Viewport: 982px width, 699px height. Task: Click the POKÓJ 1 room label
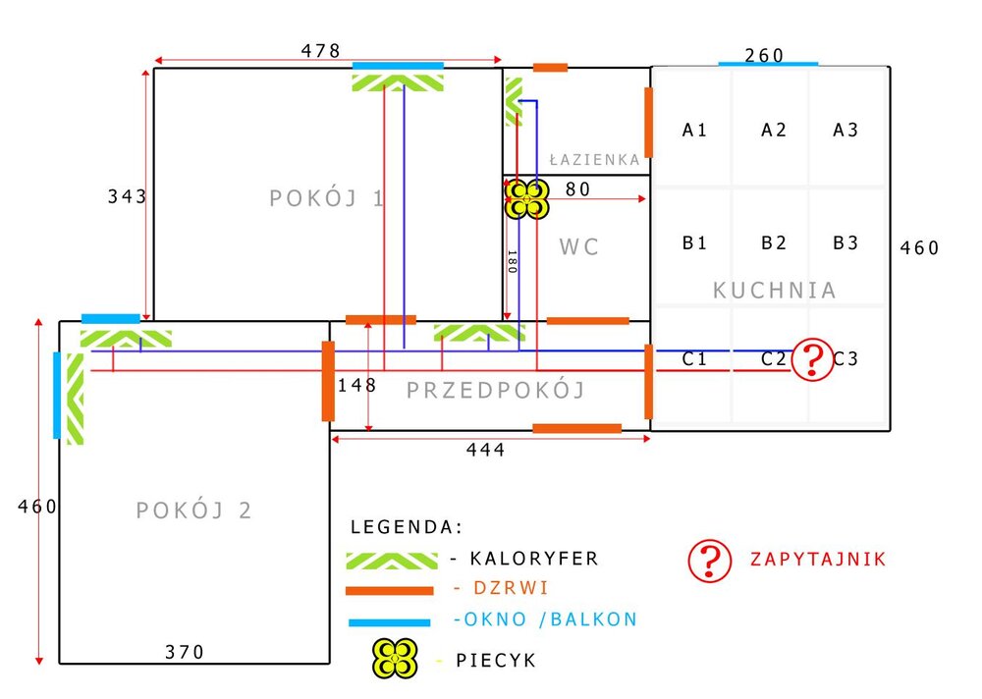[x=327, y=199]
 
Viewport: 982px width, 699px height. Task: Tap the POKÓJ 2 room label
[x=194, y=511]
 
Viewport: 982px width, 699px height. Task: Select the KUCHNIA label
[x=775, y=291]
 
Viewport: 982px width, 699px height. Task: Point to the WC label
[x=579, y=247]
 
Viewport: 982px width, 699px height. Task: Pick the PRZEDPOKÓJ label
[x=496, y=391]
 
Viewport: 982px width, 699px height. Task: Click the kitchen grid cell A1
[x=695, y=130]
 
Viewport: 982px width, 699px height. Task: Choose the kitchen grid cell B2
[x=775, y=242]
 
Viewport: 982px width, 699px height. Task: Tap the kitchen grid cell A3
[x=846, y=130]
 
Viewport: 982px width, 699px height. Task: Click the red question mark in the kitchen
[x=812, y=360]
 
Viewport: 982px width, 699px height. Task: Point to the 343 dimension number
[x=127, y=196]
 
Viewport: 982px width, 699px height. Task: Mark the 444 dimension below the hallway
[x=486, y=450]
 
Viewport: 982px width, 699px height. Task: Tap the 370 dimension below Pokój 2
[x=185, y=652]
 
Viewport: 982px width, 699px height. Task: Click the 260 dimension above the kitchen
[x=764, y=56]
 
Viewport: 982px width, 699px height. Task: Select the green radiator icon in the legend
[x=392, y=560]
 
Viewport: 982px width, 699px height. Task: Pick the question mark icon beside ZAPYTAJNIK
[x=711, y=560]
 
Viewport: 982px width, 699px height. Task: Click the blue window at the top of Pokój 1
[x=398, y=66]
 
